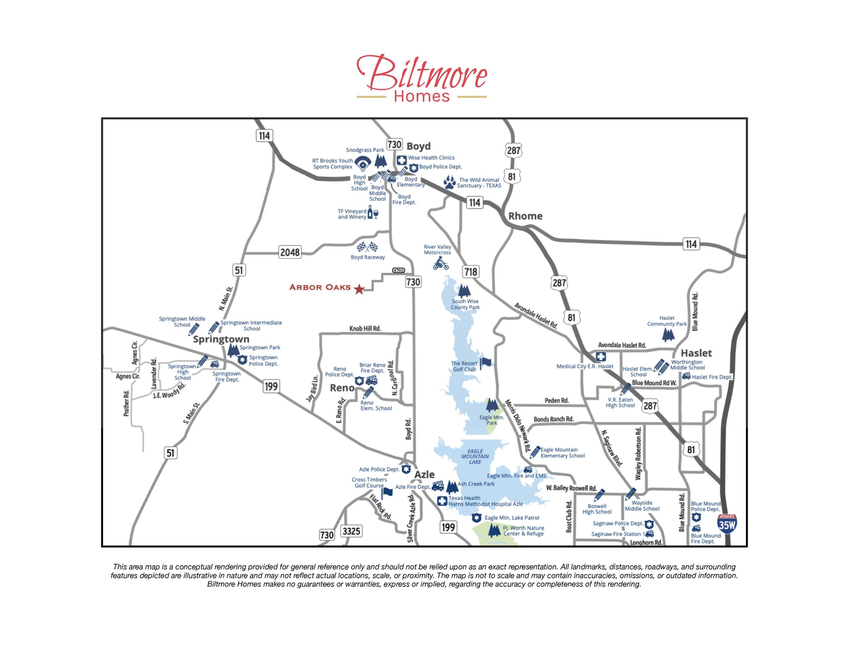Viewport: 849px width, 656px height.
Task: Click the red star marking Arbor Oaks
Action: (359, 289)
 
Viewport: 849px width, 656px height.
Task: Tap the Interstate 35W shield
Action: (726, 524)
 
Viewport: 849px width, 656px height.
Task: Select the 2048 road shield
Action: (290, 252)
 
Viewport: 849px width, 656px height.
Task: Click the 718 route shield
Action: (471, 272)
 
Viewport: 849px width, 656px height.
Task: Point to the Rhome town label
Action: (525, 216)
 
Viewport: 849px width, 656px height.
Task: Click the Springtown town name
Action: (221, 339)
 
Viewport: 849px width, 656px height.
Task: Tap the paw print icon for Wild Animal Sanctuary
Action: (450, 182)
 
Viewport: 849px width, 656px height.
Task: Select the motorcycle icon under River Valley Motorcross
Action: (441, 265)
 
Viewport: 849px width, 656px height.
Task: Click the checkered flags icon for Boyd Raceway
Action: (367, 247)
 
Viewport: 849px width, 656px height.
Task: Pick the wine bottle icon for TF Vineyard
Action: (373, 213)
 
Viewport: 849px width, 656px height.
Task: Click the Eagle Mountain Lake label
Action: (475, 457)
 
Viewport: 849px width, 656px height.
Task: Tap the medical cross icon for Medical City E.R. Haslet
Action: (601, 357)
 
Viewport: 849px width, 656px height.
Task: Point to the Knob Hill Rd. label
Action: (365, 329)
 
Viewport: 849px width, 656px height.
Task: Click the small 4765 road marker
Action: (398, 271)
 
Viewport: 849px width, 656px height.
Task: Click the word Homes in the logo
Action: (422, 96)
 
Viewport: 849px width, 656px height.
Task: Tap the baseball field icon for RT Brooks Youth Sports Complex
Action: (363, 163)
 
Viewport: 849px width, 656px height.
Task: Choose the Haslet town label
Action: (696, 353)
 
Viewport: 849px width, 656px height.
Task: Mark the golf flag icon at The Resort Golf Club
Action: (485, 363)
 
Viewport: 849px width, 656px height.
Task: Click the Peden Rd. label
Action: (557, 400)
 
